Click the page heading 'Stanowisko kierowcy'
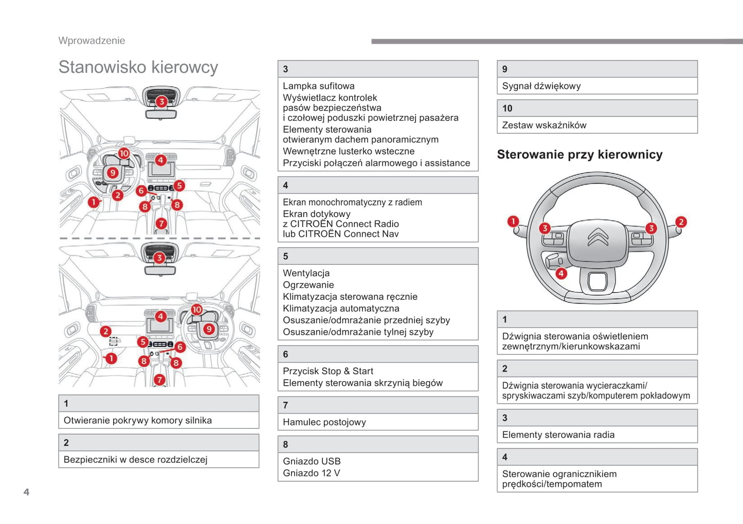pyautogui.click(x=138, y=67)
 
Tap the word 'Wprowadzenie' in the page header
pyautogui.click(x=92, y=41)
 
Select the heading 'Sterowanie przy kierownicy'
pyautogui.click(x=579, y=154)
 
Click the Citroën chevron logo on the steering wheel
pyautogui.click(x=597, y=237)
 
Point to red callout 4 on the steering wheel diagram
pyautogui.click(x=561, y=273)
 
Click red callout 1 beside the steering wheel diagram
pyautogui.click(x=513, y=222)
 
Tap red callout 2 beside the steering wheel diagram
pyautogui.click(x=681, y=222)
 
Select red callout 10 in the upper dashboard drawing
pyautogui.click(x=124, y=153)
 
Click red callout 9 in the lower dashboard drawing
pyautogui.click(x=209, y=329)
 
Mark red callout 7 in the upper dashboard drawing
pyautogui.click(x=161, y=223)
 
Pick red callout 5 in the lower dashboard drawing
pyautogui.click(x=143, y=341)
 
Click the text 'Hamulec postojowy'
pyautogui.click(x=324, y=422)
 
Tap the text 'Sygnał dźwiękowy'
pyautogui.click(x=541, y=86)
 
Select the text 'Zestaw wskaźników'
pyautogui.click(x=544, y=125)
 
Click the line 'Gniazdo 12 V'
pyautogui.click(x=311, y=473)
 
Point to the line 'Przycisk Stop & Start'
pyautogui.click(x=328, y=371)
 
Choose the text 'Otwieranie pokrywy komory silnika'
pyautogui.click(x=137, y=420)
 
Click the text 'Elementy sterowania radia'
pyautogui.click(x=558, y=435)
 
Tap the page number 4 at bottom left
pyautogui.click(x=26, y=492)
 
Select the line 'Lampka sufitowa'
pyautogui.click(x=318, y=86)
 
